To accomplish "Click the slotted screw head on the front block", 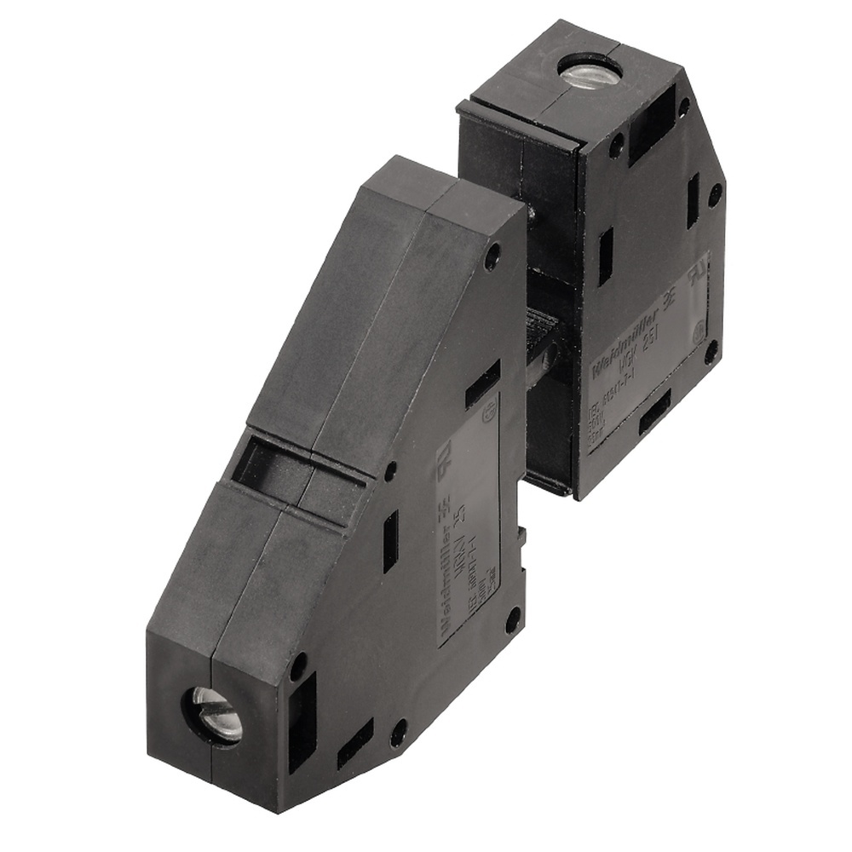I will pyautogui.click(x=214, y=714).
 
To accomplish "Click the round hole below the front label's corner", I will pyautogui.click(x=512, y=618).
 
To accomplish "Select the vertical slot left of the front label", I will pyautogui.click(x=390, y=540).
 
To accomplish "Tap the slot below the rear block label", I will pyautogui.click(x=653, y=418).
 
